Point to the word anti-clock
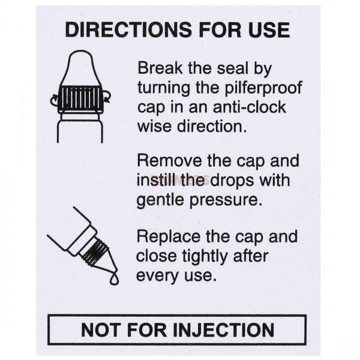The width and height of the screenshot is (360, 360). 250,107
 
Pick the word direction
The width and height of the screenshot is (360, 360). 212,127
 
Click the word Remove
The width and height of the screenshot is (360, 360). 170,161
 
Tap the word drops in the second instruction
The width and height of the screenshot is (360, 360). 232,181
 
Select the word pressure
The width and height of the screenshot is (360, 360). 226,200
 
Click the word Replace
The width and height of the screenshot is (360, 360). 169,237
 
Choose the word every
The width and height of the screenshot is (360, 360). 157,276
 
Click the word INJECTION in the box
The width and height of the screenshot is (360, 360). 224,330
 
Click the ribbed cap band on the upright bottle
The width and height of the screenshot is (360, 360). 80,98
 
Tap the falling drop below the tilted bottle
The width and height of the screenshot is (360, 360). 114,279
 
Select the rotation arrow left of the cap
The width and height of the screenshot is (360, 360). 54,100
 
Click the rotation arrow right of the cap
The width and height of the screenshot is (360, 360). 107,97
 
